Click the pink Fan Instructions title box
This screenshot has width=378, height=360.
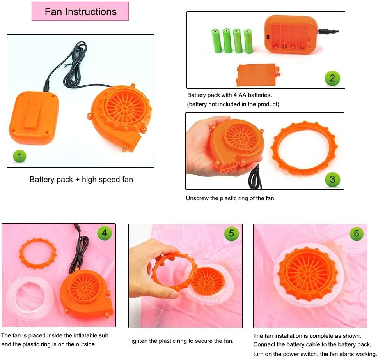pos(80,11)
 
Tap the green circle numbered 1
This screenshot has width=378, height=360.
pos(20,156)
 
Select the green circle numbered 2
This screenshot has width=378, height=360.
pos(332,78)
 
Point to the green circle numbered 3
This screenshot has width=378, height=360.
pos(332,179)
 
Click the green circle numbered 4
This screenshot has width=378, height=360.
pos(105,233)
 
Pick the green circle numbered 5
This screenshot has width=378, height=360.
pos(231,233)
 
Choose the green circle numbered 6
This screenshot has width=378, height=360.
pos(357,233)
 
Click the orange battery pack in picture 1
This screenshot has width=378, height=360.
pos(34,118)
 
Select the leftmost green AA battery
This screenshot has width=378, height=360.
pos(216,41)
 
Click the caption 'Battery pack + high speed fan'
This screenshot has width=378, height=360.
pos(81,179)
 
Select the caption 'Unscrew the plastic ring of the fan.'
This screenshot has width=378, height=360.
pos(231,198)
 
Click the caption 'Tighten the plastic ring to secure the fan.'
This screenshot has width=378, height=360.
pos(181,341)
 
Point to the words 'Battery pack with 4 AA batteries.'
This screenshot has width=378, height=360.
pos(229,95)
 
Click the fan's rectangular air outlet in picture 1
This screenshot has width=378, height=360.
pos(135,143)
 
